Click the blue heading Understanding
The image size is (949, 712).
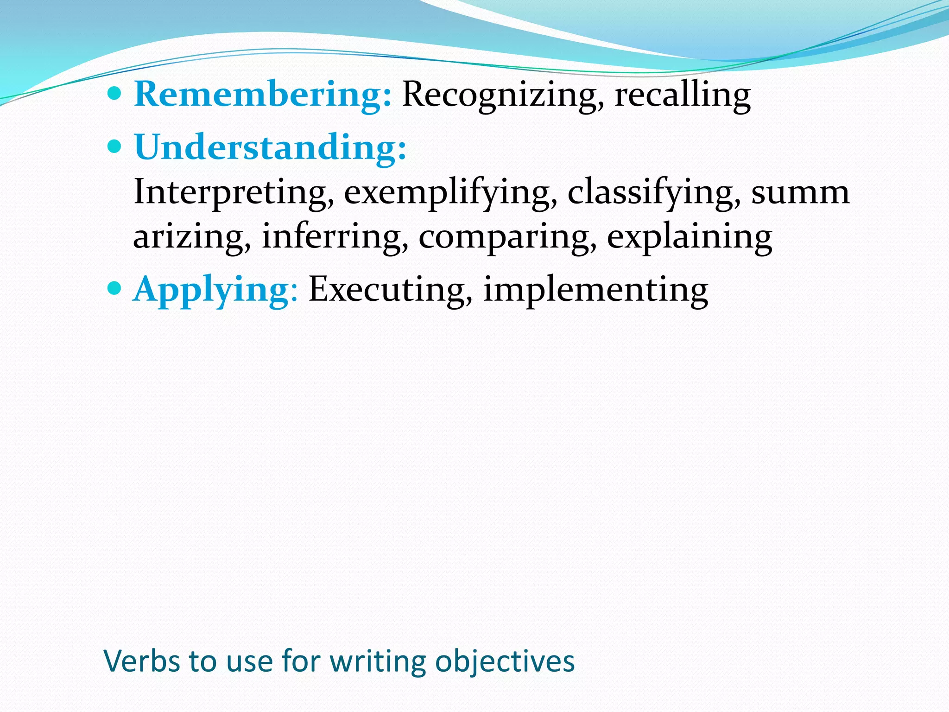270,147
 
